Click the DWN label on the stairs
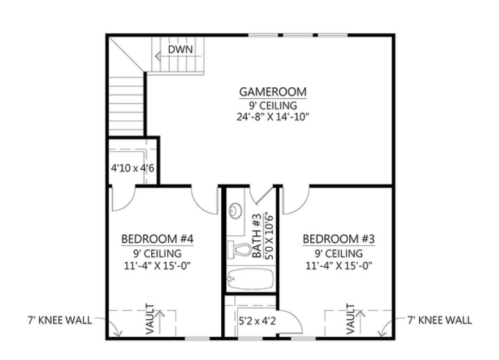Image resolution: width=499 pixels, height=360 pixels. (x=179, y=50)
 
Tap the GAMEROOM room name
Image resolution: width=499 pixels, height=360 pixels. (x=274, y=91)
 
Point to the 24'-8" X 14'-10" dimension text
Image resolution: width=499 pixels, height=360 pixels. (x=274, y=117)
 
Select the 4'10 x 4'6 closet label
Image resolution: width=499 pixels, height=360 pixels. (x=132, y=168)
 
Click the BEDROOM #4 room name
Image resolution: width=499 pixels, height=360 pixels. (x=157, y=239)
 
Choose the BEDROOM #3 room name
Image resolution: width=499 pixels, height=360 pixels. (x=339, y=239)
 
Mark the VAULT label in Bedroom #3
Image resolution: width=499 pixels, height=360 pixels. (x=350, y=320)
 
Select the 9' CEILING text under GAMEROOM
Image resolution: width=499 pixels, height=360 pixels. (x=274, y=105)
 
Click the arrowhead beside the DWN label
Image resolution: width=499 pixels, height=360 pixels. (x=158, y=55)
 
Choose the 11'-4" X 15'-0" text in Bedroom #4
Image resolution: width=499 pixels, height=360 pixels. (x=157, y=266)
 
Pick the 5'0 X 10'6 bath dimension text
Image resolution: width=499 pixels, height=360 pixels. (x=268, y=236)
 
